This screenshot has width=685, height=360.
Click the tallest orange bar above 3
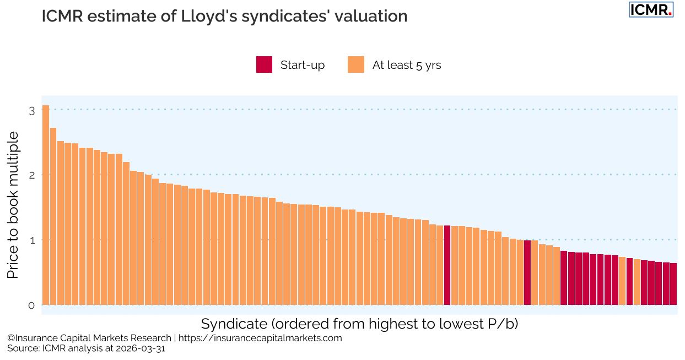point(46,205)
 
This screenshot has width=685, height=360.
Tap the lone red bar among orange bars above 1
point(447,265)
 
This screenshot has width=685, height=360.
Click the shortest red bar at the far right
point(673,284)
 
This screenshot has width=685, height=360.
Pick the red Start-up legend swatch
point(264,65)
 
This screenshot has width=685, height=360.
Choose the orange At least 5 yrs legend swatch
point(356,65)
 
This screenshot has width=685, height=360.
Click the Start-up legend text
point(303,65)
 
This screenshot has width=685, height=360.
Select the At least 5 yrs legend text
point(407,65)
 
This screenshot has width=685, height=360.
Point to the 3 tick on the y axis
point(31,110)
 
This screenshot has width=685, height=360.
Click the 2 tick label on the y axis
point(31,175)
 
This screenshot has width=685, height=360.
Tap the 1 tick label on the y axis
point(31,240)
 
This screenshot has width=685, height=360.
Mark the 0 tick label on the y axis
point(31,305)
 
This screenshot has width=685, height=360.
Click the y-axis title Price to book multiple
point(13,205)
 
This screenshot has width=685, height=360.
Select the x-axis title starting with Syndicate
point(359,324)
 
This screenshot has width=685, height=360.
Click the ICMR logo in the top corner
point(651,9)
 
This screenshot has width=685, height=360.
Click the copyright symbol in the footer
point(10,338)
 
